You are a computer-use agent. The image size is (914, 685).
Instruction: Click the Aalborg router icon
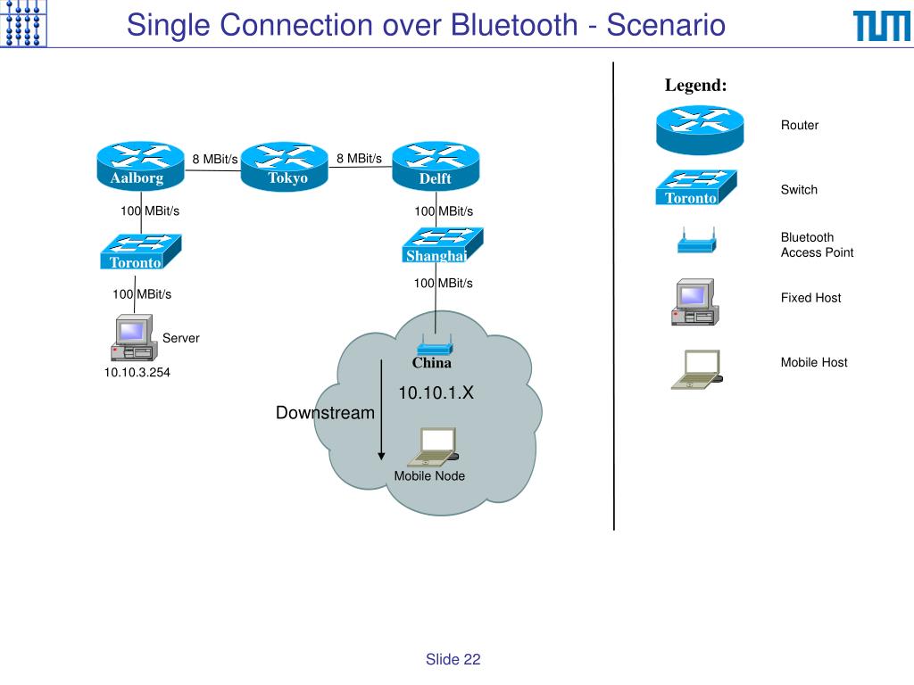click(140, 166)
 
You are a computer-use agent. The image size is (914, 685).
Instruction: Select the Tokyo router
click(285, 166)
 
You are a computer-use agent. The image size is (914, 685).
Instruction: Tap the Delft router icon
click(436, 166)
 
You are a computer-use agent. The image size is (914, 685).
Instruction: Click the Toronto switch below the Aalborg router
click(140, 252)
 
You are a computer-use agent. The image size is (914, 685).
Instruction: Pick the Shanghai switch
click(443, 244)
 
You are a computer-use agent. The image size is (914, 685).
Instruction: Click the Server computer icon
click(134, 338)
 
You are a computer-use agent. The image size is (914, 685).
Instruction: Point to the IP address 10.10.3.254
click(137, 372)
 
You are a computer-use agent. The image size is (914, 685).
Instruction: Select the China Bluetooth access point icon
click(435, 345)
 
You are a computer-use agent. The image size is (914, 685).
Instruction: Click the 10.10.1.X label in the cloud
click(436, 392)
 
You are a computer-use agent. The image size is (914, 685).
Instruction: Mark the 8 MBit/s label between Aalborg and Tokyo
click(215, 159)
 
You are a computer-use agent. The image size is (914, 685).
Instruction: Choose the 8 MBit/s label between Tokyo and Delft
click(359, 159)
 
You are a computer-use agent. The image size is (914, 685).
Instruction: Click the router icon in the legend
click(700, 130)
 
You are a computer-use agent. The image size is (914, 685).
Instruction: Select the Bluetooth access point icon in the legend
click(696, 241)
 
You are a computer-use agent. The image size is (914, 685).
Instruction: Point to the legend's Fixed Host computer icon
click(695, 301)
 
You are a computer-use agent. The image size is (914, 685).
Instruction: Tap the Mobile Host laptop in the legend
click(696, 369)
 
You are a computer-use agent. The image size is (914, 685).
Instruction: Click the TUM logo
click(881, 26)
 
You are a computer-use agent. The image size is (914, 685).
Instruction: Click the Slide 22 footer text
click(453, 659)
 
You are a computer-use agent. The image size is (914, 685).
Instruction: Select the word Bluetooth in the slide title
click(515, 25)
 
